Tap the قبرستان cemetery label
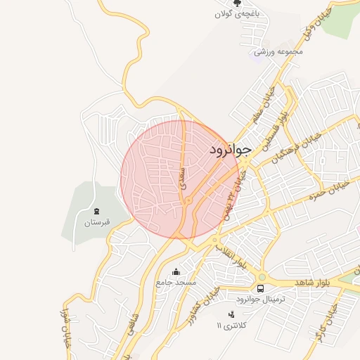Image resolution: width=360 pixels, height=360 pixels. [97, 223]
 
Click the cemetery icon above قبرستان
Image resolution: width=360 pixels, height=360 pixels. [96, 211]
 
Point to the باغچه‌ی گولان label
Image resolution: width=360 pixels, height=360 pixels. [237, 14]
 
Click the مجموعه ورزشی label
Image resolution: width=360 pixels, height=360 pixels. [278, 51]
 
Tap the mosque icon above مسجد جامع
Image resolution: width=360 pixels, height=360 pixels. [175, 271]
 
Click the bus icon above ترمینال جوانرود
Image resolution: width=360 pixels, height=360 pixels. [261, 288]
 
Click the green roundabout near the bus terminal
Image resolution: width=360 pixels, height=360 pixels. [262, 276]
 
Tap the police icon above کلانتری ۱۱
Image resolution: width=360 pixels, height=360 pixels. [231, 314]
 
